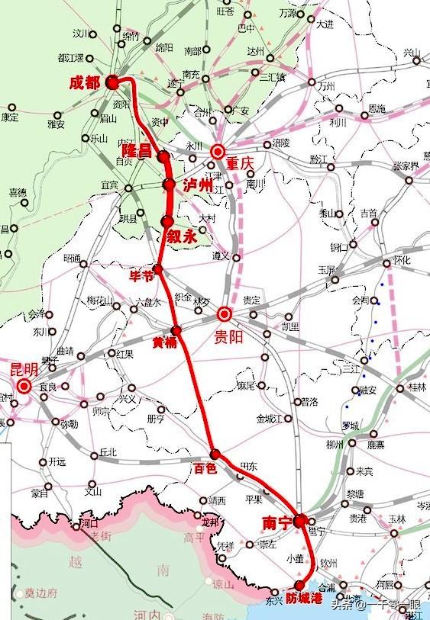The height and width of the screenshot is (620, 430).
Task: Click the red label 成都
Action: click(x=84, y=82)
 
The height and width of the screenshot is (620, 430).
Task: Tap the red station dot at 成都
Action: click(x=112, y=81)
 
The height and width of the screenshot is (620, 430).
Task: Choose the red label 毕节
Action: click(x=142, y=275)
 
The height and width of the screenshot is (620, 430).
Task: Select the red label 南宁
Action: click(x=276, y=524)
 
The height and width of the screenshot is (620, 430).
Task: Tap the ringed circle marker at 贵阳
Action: click(x=225, y=313)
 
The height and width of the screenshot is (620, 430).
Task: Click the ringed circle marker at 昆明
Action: click(x=24, y=386)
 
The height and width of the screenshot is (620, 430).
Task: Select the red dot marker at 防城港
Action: click(x=299, y=584)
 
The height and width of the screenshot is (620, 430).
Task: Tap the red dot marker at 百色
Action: click(x=215, y=454)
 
